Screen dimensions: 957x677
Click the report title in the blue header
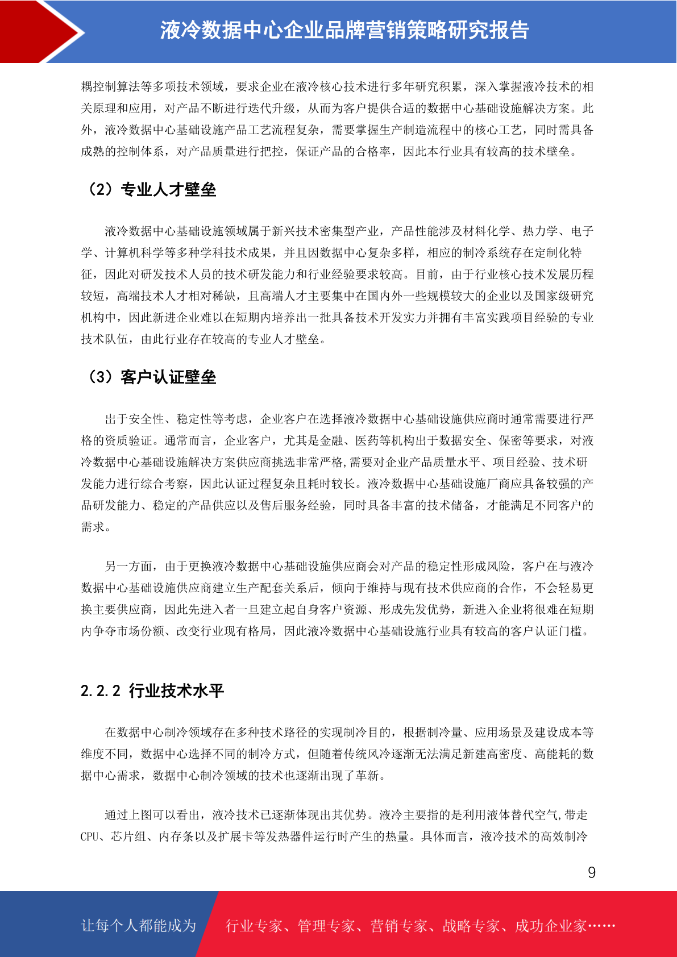point(344,31)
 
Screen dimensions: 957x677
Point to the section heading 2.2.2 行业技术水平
point(152,690)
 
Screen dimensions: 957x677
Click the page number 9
point(592,872)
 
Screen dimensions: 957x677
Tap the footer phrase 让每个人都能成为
point(139,925)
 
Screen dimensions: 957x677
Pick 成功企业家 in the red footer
point(550,926)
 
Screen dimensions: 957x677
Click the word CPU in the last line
point(90,837)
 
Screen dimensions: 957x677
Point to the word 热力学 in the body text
point(540,231)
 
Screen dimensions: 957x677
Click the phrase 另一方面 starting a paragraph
point(128,566)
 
